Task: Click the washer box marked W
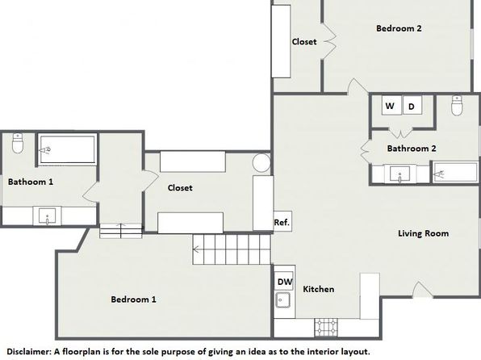(391, 105)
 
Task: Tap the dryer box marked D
(412, 105)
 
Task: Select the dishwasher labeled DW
(284, 281)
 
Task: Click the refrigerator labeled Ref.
(282, 221)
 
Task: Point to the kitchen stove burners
(326, 328)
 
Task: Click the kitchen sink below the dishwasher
(282, 299)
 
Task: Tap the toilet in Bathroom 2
(457, 106)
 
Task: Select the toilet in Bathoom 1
(18, 144)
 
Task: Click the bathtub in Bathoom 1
(68, 149)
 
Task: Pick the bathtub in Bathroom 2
(456, 173)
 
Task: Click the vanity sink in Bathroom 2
(399, 174)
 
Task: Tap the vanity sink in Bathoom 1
(48, 216)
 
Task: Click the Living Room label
(424, 233)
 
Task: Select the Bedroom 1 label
(133, 299)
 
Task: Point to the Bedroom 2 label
(399, 28)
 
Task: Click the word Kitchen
(319, 289)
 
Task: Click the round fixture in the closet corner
(261, 163)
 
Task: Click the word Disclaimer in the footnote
(28, 351)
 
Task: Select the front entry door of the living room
(422, 290)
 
